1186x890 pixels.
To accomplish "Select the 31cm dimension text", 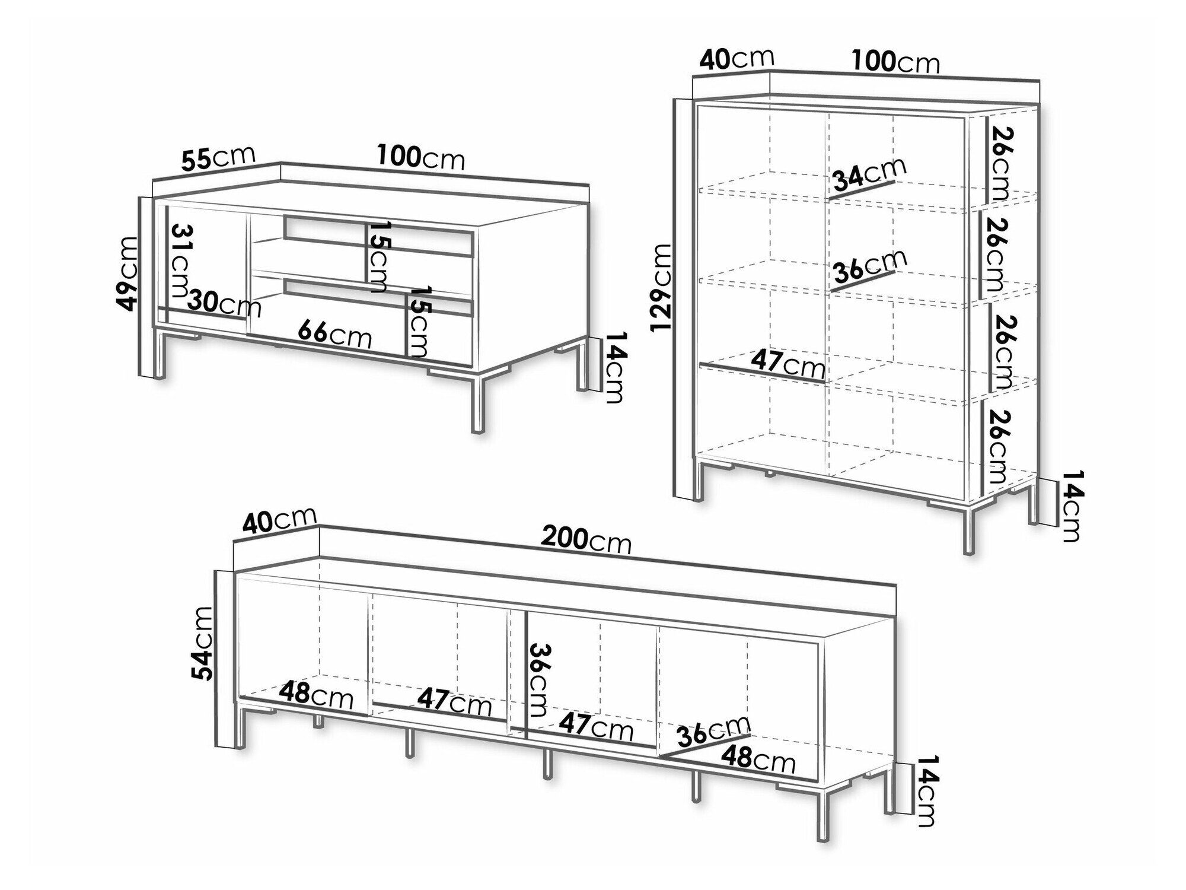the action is pos(180,262).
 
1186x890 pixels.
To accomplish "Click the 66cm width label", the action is pos(334,334).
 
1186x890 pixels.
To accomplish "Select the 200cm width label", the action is pos(586,540).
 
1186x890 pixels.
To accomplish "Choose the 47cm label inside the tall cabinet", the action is pos(788,365).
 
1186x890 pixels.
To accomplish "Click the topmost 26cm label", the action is pos(999,163).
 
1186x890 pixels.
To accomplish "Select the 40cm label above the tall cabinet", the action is pos(737,58).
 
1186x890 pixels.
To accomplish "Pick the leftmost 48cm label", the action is pos(316,695).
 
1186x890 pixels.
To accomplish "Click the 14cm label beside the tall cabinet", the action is pos(1071,506).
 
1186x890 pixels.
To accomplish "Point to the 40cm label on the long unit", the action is pos(279,520).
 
